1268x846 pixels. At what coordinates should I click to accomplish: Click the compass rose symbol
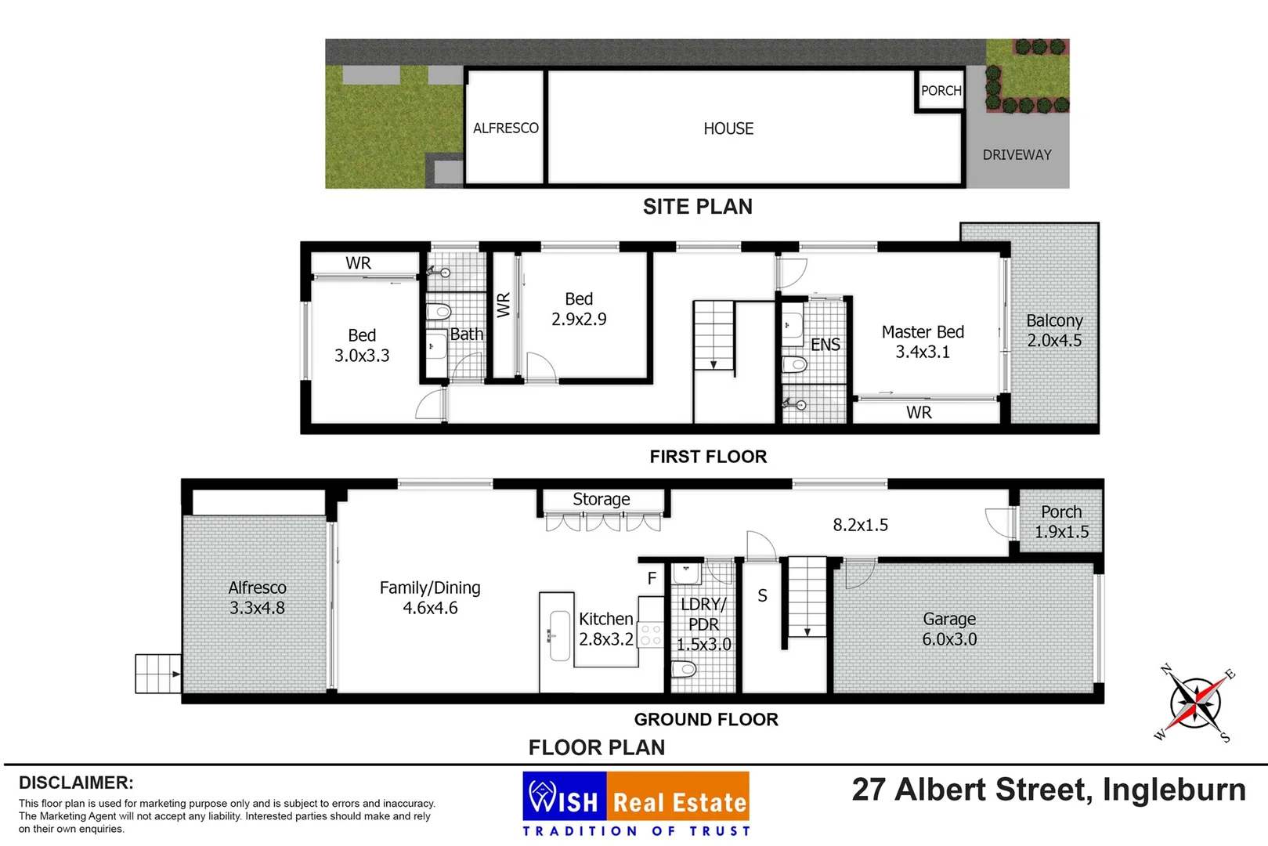click(x=1194, y=703)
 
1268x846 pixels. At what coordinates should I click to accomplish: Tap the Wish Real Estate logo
click(x=635, y=804)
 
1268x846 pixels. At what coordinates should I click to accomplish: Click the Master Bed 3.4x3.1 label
click(x=923, y=342)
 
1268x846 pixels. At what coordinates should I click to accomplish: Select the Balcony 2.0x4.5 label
click(x=1054, y=331)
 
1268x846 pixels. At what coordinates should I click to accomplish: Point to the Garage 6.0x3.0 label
click(x=949, y=629)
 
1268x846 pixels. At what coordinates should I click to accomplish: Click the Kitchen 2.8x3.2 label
click(x=605, y=629)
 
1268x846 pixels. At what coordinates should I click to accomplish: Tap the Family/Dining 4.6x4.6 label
click(x=430, y=598)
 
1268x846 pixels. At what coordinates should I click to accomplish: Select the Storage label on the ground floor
click(x=601, y=500)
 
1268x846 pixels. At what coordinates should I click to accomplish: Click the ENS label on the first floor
click(x=825, y=345)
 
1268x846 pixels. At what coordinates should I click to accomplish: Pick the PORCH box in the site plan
click(x=941, y=91)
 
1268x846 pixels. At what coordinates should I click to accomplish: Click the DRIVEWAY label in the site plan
click(x=1017, y=155)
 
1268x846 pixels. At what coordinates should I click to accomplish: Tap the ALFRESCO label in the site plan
click(x=505, y=128)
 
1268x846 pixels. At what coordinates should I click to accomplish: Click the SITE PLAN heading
click(x=697, y=207)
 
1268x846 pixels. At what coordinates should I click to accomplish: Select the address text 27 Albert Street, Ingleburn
click(x=1048, y=790)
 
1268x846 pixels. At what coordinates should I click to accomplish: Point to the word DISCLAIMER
click(x=76, y=783)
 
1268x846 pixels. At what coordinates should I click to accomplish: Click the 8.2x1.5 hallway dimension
click(x=860, y=525)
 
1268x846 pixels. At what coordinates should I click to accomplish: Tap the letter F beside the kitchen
click(x=652, y=579)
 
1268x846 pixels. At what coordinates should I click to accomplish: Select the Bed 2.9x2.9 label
click(x=579, y=309)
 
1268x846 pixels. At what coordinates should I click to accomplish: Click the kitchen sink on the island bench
click(x=559, y=635)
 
